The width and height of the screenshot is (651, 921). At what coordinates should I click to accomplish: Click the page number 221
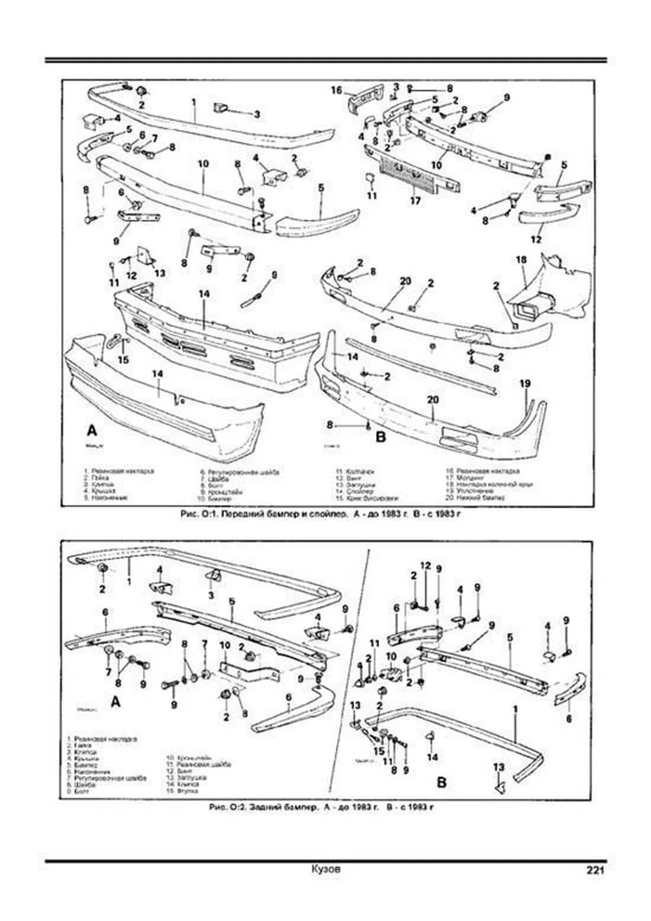pyautogui.click(x=594, y=870)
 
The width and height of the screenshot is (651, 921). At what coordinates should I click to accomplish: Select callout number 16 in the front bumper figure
pyautogui.click(x=336, y=90)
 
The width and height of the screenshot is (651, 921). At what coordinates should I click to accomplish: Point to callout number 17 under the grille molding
pyautogui.click(x=415, y=201)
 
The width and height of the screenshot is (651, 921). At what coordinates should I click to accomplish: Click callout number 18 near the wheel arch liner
pyautogui.click(x=521, y=260)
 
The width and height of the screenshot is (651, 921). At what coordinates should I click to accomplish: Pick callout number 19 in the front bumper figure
pyautogui.click(x=525, y=384)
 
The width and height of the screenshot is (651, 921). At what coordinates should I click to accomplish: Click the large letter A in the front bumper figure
pyautogui.click(x=92, y=431)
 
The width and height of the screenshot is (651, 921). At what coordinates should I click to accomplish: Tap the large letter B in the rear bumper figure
pyautogui.click(x=442, y=782)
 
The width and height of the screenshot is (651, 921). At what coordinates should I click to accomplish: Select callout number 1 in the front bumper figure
pyautogui.click(x=193, y=101)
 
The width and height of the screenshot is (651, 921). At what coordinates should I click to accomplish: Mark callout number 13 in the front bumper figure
pyautogui.click(x=159, y=273)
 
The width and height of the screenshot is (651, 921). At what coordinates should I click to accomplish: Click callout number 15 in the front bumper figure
pyautogui.click(x=124, y=359)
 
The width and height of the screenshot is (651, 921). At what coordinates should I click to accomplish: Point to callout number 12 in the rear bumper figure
pyautogui.click(x=426, y=566)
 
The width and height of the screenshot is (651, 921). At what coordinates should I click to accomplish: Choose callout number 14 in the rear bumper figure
pyautogui.click(x=432, y=757)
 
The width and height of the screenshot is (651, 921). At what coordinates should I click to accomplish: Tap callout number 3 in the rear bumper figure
pyautogui.click(x=211, y=595)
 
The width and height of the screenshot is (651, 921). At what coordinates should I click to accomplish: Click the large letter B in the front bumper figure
pyautogui.click(x=380, y=436)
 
